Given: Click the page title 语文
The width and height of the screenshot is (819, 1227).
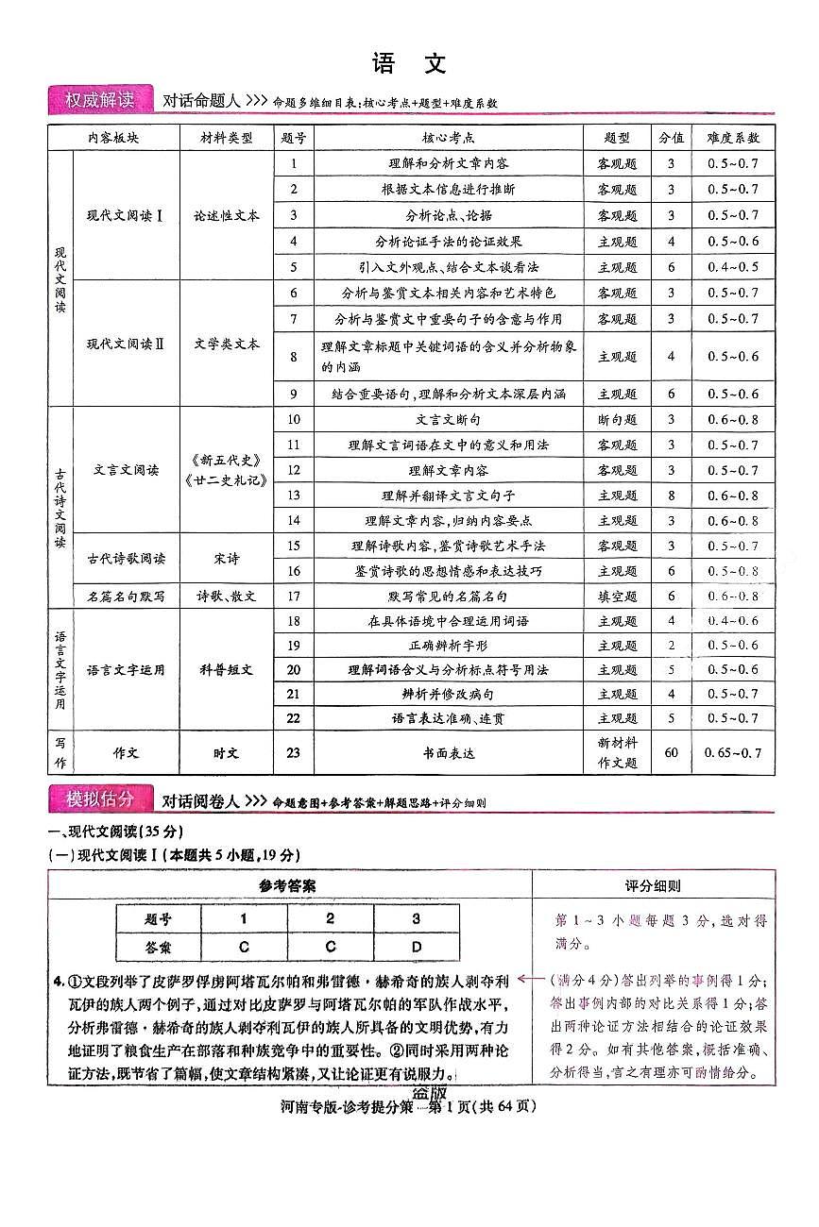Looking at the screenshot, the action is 409,64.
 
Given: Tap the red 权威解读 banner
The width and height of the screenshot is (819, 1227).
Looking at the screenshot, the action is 99,100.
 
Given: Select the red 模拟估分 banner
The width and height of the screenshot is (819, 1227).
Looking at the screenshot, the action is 99,799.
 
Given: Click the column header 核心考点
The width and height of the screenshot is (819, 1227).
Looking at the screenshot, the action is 448,138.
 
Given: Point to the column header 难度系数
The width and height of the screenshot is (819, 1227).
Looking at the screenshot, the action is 732,138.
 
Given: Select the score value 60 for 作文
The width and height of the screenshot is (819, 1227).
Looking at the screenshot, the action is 672,753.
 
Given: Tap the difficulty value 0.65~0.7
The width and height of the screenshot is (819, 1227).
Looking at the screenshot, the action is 732,753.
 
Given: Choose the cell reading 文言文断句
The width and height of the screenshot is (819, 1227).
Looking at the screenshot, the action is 448,420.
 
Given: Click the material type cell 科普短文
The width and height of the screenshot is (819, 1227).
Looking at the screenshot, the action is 226,670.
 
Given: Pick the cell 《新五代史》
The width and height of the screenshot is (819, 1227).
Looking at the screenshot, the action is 226,461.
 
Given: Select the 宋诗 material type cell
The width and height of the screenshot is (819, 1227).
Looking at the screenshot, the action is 226,559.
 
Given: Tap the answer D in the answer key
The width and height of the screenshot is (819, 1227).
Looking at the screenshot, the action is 416,946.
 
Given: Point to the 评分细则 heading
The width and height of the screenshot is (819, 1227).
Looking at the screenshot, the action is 653,886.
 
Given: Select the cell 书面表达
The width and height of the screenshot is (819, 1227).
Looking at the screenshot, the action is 448,753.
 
